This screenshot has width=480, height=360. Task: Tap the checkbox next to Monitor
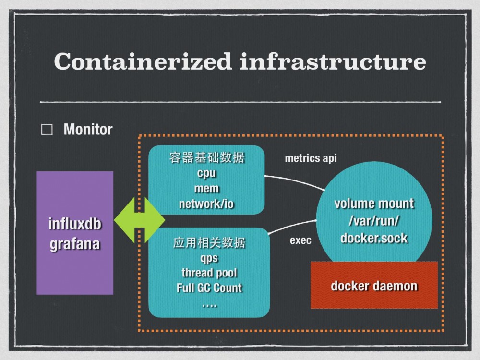(47, 130)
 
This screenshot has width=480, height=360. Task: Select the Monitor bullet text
(88, 129)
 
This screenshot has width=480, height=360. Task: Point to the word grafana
(75, 243)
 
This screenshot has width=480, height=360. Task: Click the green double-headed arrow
(139, 220)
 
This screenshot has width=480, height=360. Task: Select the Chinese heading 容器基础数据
(206, 158)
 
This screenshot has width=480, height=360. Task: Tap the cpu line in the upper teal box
(206, 173)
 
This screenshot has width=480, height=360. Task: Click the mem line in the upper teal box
(206, 188)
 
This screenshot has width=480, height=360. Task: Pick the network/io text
(206, 204)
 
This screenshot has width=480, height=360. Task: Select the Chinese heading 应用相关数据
(209, 242)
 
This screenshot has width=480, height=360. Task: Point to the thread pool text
(209, 273)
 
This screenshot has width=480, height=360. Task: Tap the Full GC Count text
(209, 288)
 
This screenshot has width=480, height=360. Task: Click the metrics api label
(311, 158)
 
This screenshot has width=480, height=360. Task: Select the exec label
(300, 240)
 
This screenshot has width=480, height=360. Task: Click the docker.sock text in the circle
(374, 238)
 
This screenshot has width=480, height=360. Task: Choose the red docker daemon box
(374, 286)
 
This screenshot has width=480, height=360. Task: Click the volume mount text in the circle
(374, 203)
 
